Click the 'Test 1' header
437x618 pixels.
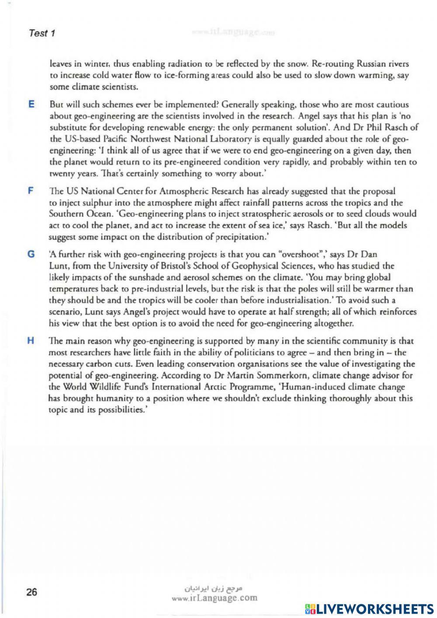[x=42, y=33]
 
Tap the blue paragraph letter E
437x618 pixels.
[x=31, y=104]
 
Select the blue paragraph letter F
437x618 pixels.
[x=30, y=191]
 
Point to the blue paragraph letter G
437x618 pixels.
[x=31, y=254]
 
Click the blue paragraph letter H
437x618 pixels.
[x=31, y=341]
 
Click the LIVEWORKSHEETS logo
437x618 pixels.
[x=369, y=609]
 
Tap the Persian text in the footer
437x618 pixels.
[x=214, y=588]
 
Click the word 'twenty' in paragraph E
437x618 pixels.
[x=61, y=174]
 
